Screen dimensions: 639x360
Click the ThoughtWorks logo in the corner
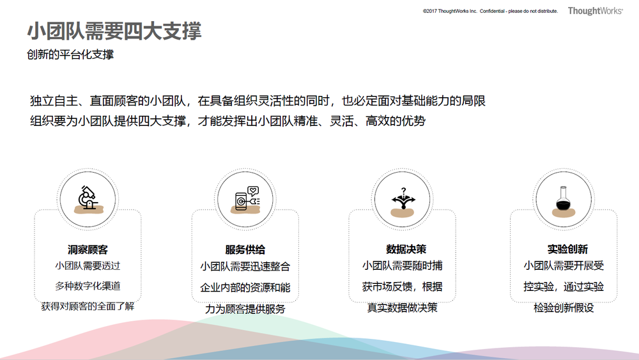[x=596, y=11]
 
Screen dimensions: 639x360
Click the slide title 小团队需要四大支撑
[x=114, y=31]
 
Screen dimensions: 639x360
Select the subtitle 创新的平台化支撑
[x=70, y=54]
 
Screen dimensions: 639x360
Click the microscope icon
[x=88, y=198]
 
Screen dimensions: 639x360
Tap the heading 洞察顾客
[x=88, y=249]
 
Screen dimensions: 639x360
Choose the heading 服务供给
[x=245, y=249]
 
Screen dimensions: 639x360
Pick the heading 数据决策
[x=406, y=249]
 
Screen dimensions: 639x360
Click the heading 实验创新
[x=567, y=249]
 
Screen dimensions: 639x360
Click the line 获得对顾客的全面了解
[x=88, y=306]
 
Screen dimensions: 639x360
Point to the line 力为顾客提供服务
[x=245, y=309]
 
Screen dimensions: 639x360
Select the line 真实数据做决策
[x=402, y=308]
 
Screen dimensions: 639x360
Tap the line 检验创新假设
[x=564, y=308]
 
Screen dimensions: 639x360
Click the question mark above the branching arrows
[x=403, y=191]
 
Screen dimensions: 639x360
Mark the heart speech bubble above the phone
[x=253, y=191]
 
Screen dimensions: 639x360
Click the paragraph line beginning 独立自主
[x=258, y=100]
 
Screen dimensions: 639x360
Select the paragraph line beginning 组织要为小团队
[x=228, y=121]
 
